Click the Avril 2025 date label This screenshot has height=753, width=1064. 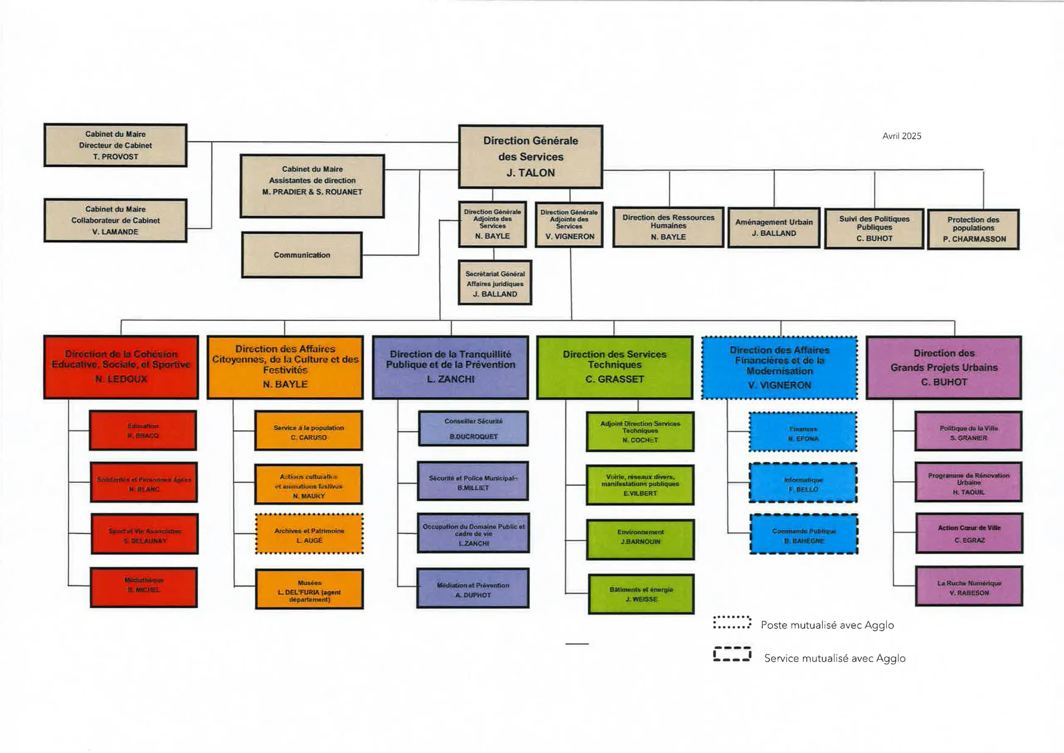[901, 136]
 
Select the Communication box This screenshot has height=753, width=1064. [302, 255]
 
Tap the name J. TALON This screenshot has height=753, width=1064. [530, 173]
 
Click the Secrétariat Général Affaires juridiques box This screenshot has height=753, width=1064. [495, 283]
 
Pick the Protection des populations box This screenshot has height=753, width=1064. [973, 229]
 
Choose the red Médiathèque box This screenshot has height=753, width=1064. [144, 587]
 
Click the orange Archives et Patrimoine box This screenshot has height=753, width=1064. [309, 534]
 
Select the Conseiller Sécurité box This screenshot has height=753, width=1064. [473, 428]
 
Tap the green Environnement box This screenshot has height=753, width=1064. [640, 539]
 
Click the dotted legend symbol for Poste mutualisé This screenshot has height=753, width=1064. [732, 623]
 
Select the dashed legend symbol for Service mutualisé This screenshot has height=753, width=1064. [732, 654]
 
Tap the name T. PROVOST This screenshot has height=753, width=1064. [116, 157]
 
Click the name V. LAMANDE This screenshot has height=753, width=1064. [115, 232]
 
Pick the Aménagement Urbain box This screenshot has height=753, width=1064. [773, 228]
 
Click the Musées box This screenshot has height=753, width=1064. [309, 589]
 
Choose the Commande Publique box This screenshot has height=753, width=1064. [803, 534]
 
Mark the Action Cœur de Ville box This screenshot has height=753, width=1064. [969, 533]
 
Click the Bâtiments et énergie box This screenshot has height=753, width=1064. [641, 594]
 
